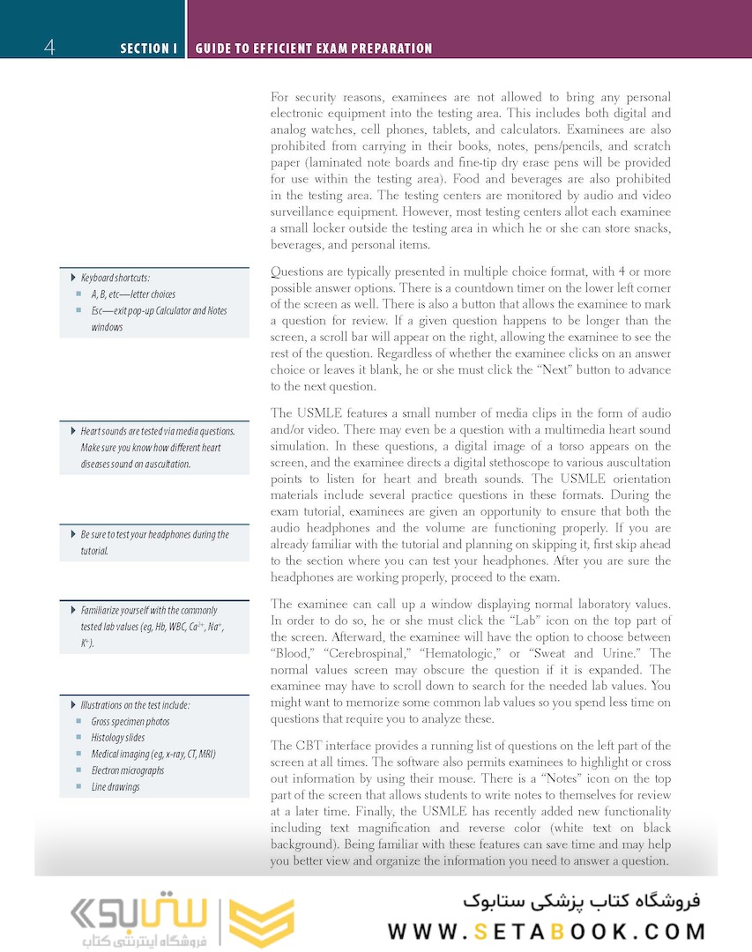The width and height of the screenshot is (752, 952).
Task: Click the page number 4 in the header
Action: pos(48,47)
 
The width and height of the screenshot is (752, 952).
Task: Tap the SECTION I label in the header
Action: pos(149,48)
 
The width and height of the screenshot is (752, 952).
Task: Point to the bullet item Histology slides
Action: pos(118,738)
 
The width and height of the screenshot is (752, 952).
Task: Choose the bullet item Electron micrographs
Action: pos(127,770)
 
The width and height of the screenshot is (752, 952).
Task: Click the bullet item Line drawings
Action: pos(115,787)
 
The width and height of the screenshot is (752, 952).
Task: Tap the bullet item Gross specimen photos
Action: pos(130,722)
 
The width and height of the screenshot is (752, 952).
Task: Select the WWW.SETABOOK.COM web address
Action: pos(547,932)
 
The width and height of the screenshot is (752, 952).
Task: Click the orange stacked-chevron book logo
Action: pos(261,923)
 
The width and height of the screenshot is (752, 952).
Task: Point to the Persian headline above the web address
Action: pos(581,901)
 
